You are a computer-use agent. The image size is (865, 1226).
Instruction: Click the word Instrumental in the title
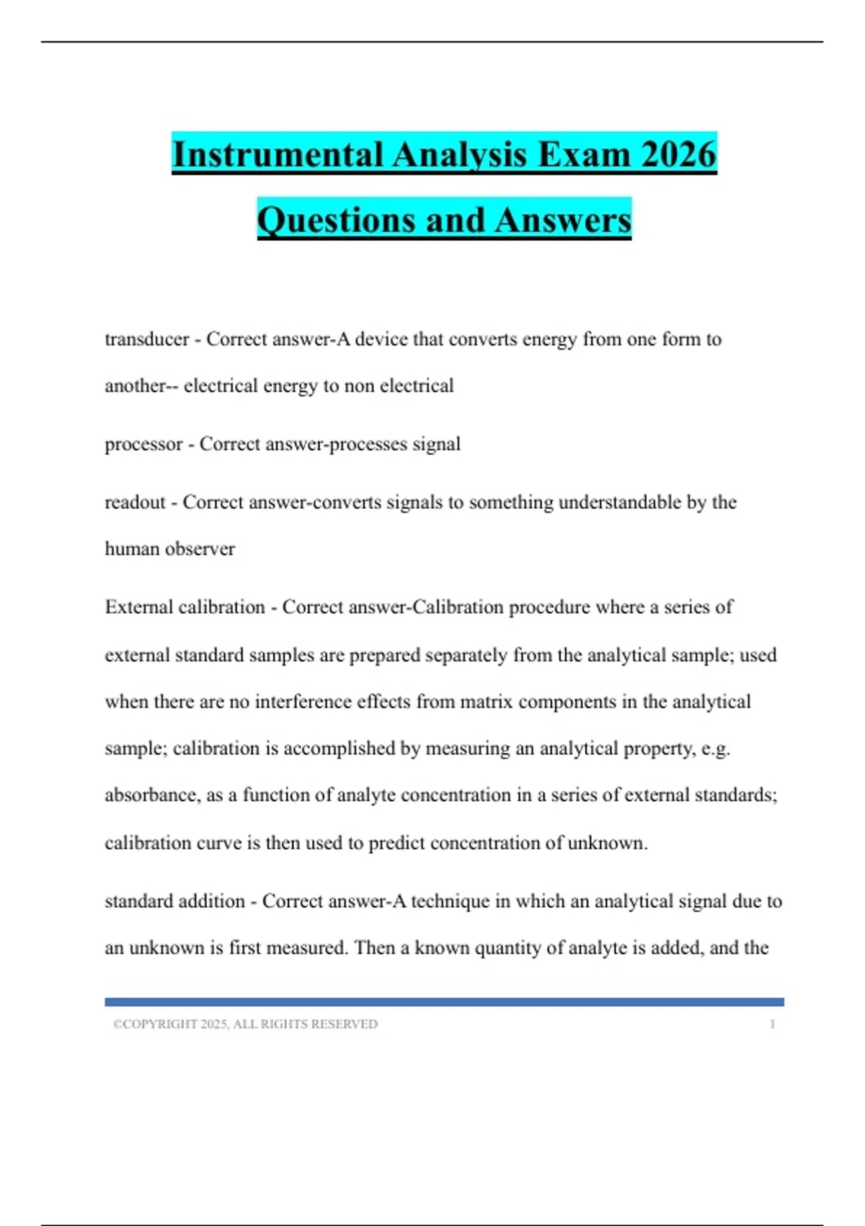(x=278, y=154)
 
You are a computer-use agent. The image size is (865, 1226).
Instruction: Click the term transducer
(x=147, y=339)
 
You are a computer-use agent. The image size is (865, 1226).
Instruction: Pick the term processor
(x=143, y=444)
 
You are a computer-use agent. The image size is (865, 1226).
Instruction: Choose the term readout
(x=135, y=502)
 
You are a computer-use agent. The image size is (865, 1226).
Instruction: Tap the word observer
(x=200, y=549)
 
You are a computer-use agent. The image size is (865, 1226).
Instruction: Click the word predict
(x=396, y=842)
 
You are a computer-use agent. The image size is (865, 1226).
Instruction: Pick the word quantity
(x=508, y=948)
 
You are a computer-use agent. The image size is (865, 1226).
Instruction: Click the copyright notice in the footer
(x=245, y=1024)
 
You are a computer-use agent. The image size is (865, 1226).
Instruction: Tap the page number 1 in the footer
(x=772, y=1024)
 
